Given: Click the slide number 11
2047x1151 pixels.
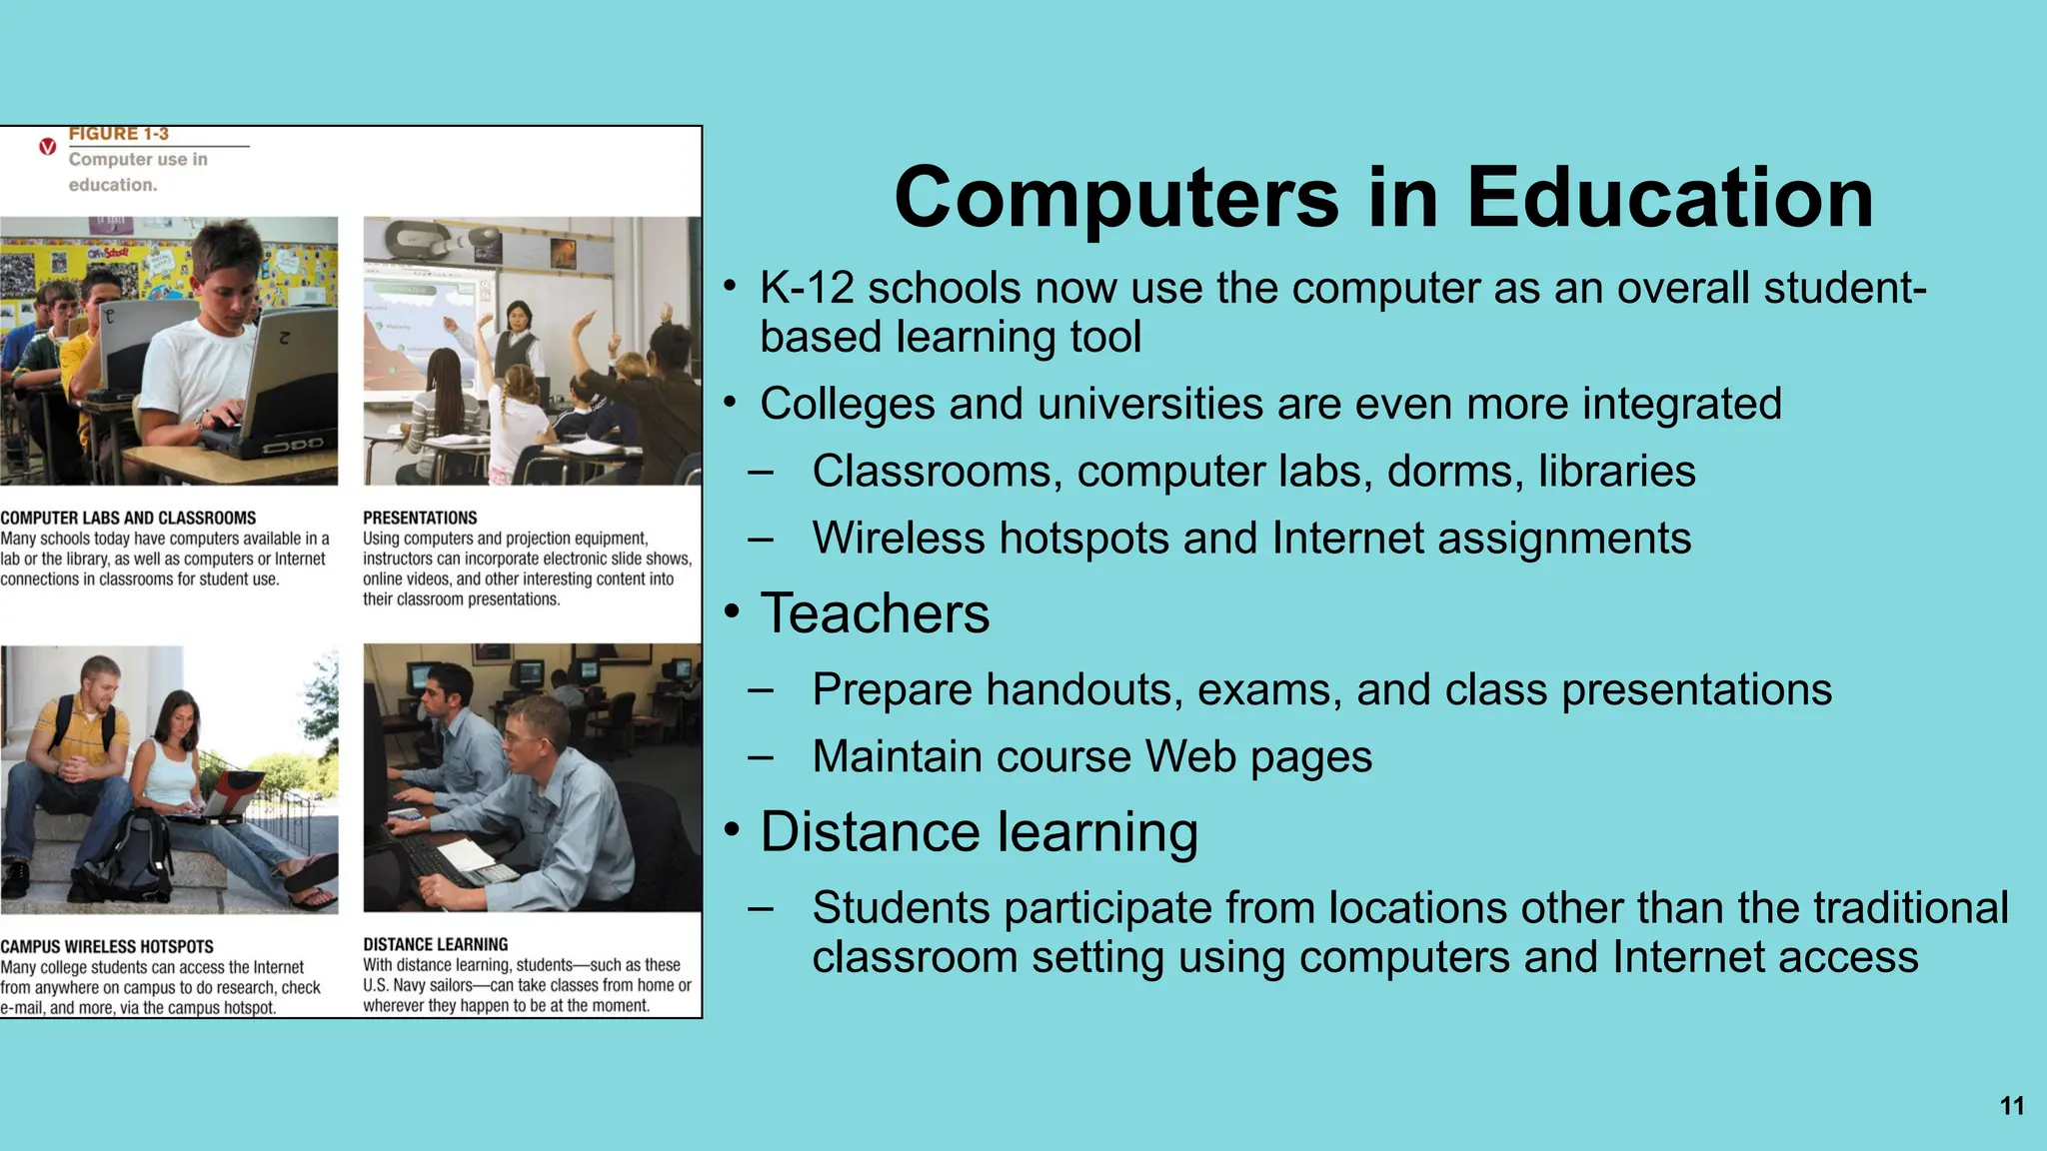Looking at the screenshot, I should [x=2012, y=1106].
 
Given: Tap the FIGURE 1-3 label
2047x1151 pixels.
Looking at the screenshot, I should [x=119, y=134].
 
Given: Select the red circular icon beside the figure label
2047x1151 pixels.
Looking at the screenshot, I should [x=47, y=147].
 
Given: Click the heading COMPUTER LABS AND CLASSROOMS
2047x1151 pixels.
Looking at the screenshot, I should [x=128, y=518].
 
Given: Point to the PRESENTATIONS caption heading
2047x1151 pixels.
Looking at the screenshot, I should [x=420, y=518].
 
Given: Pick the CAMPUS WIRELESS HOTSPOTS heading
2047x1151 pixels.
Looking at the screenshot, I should [x=107, y=946].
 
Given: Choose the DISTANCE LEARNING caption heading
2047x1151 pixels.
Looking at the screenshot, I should [x=435, y=944].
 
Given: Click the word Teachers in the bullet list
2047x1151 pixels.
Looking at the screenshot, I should [x=875, y=613].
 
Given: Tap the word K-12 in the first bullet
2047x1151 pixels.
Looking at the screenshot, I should [x=807, y=289].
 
